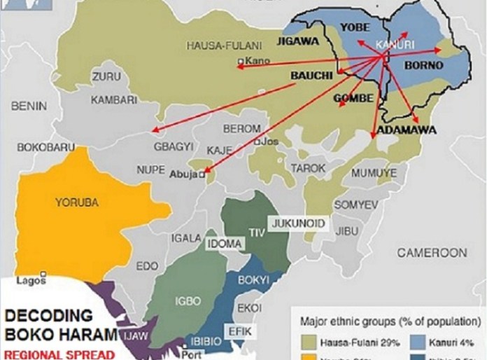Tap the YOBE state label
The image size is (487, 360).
pyautogui.click(x=354, y=27)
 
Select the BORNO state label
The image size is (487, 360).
pyautogui.click(x=424, y=66)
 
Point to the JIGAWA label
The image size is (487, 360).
pyautogui.click(x=298, y=41)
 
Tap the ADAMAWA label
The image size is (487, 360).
pyautogui.click(x=407, y=130)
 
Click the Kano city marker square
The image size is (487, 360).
pyautogui.click(x=241, y=62)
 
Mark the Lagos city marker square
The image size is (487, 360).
pyautogui.click(x=43, y=274)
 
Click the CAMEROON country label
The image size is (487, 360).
pyautogui.click(x=432, y=252)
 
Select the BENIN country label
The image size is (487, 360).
pyautogui.click(x=29, y=106)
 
